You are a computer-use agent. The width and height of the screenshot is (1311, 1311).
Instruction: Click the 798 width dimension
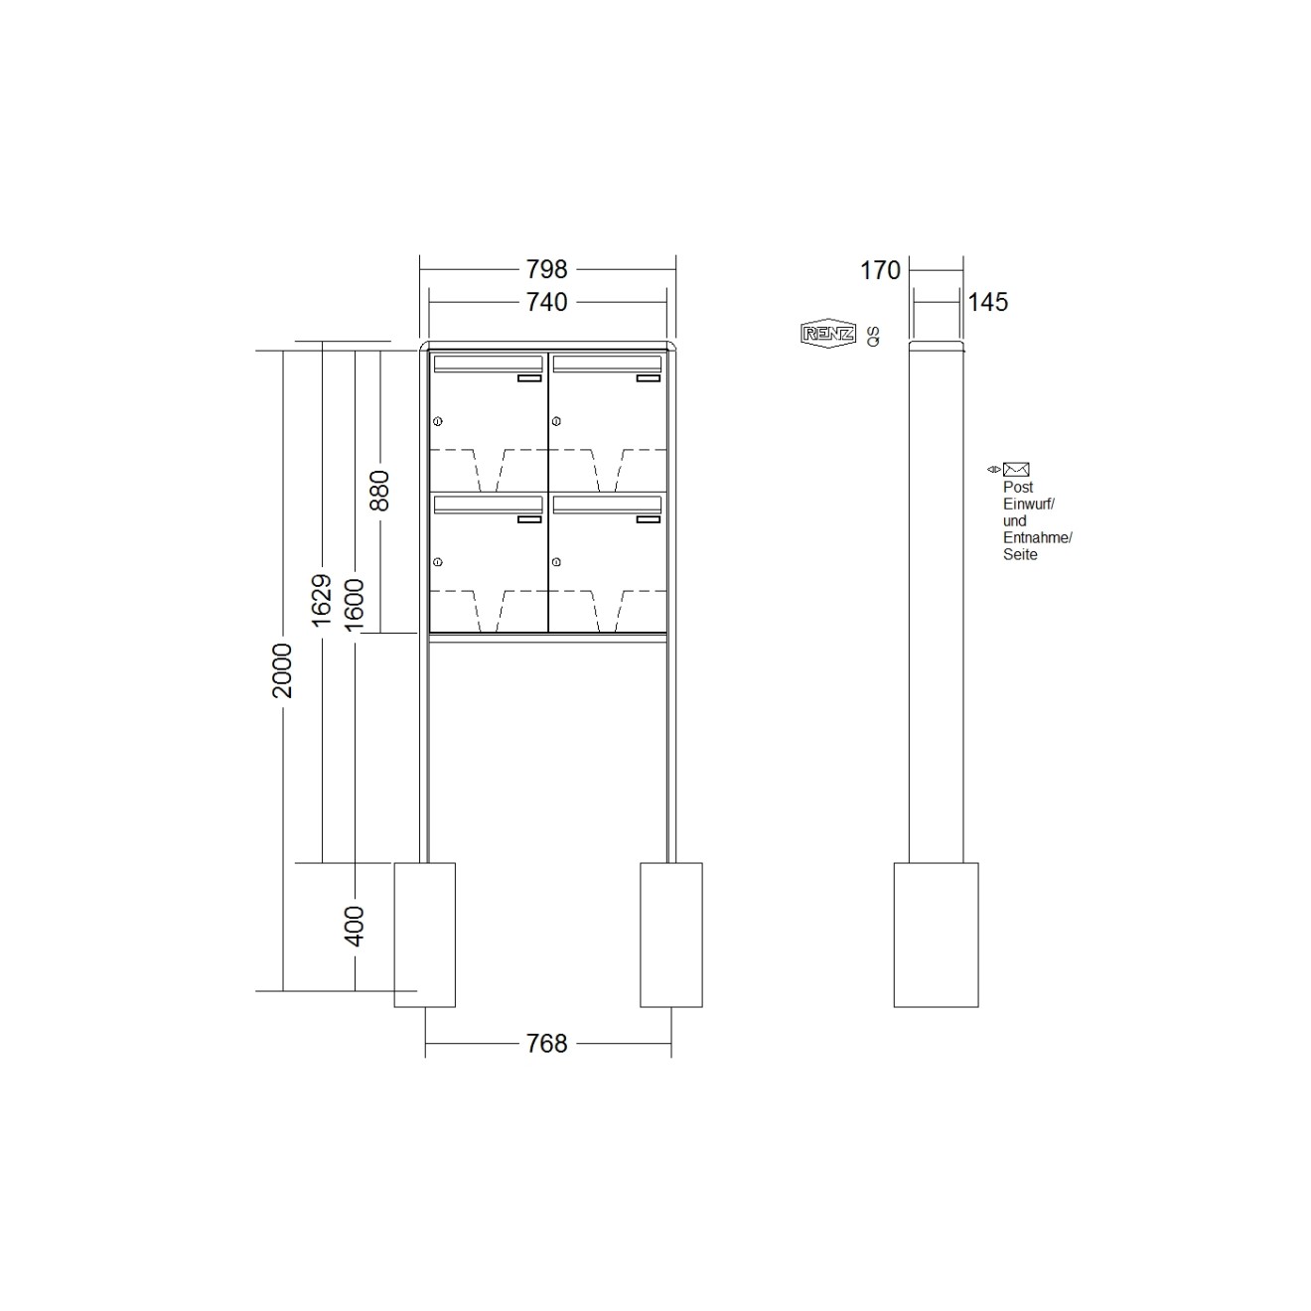pyautogui.click(x=546, y=269)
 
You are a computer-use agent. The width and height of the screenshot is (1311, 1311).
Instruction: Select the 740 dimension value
pyautogui.click(x=546, y=302)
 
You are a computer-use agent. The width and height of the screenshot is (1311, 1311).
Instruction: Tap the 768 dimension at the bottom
pyautogui.click(x=546, y=1043)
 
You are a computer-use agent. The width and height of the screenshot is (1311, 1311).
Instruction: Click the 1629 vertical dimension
pyautogui.click(x=321, y=600)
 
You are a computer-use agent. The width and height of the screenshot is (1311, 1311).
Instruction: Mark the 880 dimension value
pyautogui.click(x=379, y=490)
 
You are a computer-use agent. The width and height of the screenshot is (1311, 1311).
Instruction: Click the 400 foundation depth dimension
pyautogui.click(x=355, y=926)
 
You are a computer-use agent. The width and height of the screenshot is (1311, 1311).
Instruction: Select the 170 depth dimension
pyautogui.click(x=880, y=270)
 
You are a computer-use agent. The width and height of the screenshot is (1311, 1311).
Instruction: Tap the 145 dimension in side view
pyautogui.click(x=987, y=302)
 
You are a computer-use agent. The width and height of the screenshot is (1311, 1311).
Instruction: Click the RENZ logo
pyautogui.click(x=827, y=334)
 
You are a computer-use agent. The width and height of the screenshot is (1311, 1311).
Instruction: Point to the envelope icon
pyautogui.click(x=1015, y=470)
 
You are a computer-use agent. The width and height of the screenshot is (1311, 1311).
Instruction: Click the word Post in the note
pyautogui.click(x=1018, y=488)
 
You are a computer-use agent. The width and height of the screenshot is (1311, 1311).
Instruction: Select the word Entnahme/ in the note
pyautogui.click(x=1037, y=537)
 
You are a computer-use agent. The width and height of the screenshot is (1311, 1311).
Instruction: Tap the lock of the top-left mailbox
pyautogui.click(x=437, y=422)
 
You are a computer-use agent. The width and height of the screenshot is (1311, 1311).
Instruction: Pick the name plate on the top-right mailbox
pyautogui.click(x=648, y=378)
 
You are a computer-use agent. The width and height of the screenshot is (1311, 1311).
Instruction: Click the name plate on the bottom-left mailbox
pyautogui.click(x=528, y=518)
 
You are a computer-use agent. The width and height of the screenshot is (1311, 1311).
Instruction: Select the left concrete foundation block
pyautogui.click(x=425, y=935)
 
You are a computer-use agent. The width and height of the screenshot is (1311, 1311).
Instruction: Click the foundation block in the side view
pyautogui.click(x=936, y=935)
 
